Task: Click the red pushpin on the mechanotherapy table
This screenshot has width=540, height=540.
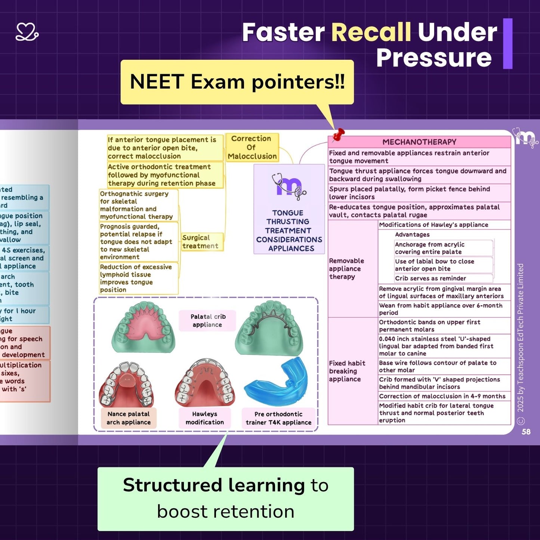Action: (x=339, y=134)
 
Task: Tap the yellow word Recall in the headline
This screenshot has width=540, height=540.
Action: (x=371, y=32)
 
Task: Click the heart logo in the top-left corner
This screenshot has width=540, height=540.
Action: (x=27, y=32)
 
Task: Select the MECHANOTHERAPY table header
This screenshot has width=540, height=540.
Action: (x=419, y=142)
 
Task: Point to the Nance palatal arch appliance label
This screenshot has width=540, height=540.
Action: (x=129, y=418)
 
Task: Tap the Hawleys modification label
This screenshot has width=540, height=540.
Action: (x=205, y=418)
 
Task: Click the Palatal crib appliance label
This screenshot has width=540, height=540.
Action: (x=208, y=321)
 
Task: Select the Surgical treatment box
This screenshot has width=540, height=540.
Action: (x=201, y=242)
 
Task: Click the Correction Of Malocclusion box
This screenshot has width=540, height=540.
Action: (x=252, y=147)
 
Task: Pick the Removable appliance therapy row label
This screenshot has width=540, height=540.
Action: (x=346, y=269)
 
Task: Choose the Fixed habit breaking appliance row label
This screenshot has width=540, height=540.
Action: (x=347, y=371)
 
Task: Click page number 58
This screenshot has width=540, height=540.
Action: (x=526, y=432)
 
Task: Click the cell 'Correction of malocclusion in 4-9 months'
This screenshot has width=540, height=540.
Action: (x=442, y=396)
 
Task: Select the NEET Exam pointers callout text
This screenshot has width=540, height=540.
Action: (x=237, y=82)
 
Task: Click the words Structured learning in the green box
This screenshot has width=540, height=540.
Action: (x=214, y=485)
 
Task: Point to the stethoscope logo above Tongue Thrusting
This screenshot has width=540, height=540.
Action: (x=288, y=185)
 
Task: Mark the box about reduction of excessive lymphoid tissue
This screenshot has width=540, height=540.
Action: (x=139, y=278)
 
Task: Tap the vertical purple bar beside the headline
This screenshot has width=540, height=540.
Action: (x=507, y=44)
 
